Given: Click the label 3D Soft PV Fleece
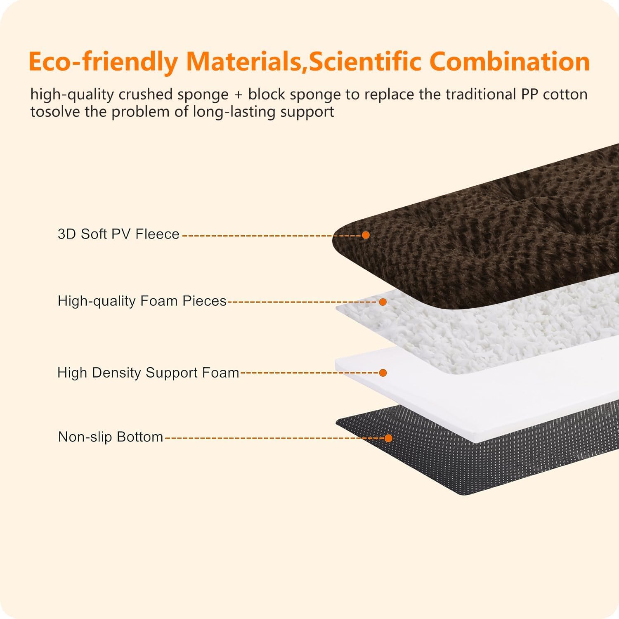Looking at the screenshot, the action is coord(119,234).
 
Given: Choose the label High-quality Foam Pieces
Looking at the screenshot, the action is coord(142,301).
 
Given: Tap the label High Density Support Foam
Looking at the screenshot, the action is coord(148,373).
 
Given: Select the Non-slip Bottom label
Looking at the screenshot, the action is coord(111,437).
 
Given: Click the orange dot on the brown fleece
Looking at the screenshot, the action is coord(366,235).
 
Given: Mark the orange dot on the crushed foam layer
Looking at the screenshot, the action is coord(383,302).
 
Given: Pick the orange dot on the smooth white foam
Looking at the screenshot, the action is coord(383,373).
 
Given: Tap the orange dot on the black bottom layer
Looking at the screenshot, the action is coord(388,438).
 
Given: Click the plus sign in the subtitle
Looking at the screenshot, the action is coord(238,95).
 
